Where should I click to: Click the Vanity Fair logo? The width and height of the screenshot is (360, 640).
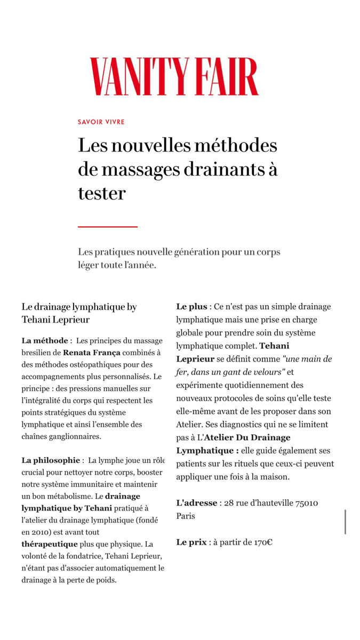point(174,77)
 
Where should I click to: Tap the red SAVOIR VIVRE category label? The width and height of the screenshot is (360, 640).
point(101,122)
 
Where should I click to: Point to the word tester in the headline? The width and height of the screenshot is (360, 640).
point(101,193)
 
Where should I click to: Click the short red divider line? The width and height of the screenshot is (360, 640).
point(108,227)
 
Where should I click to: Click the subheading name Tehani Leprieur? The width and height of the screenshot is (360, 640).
point(55,319)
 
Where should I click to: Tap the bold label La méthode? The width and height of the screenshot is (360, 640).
point(45,340)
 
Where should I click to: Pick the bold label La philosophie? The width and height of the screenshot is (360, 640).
point(51,460)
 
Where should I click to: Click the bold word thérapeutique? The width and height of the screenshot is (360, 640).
point(50,544)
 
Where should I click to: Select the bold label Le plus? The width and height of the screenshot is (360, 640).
point(191,307)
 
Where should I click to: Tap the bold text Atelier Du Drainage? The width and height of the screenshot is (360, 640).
point(248,437)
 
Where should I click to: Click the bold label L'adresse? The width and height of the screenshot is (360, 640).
point(197,503)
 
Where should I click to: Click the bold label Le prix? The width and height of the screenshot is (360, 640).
point(191,542)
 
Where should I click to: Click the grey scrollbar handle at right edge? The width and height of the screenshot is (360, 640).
point(346,522)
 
